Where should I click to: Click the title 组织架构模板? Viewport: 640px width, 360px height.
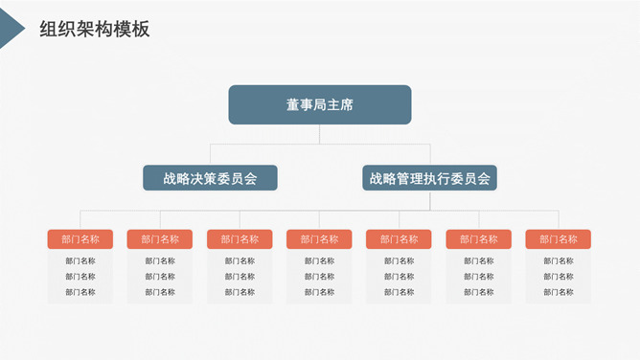click(95, 30)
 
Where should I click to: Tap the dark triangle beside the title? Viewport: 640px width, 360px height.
click(11, 29)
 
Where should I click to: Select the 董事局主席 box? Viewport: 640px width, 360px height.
click(319, 104)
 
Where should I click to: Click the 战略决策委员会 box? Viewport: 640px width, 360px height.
click(210, 178)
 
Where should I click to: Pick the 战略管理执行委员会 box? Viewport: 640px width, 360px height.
click(429, 178)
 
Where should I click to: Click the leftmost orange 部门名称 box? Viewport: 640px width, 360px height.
click(80, 239)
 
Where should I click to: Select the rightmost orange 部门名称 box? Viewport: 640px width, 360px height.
click(558, 239)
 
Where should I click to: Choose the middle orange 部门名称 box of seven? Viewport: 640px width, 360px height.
click(319, 239)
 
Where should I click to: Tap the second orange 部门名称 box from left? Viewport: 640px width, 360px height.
click(160, 239)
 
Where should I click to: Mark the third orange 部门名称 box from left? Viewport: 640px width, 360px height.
click(240, 239)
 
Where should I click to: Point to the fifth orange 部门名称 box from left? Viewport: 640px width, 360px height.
click(399, 239)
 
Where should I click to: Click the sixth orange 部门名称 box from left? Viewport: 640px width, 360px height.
click(478, 239)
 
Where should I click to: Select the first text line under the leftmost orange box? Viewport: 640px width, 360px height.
click(80, 260)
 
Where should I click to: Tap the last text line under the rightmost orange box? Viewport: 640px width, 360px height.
click(558, 292)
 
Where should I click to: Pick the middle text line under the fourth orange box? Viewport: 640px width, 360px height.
click(319, 277)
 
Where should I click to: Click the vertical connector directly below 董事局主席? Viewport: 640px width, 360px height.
click(320, 134)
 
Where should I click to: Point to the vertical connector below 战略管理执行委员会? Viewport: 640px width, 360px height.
click(430, 200)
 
